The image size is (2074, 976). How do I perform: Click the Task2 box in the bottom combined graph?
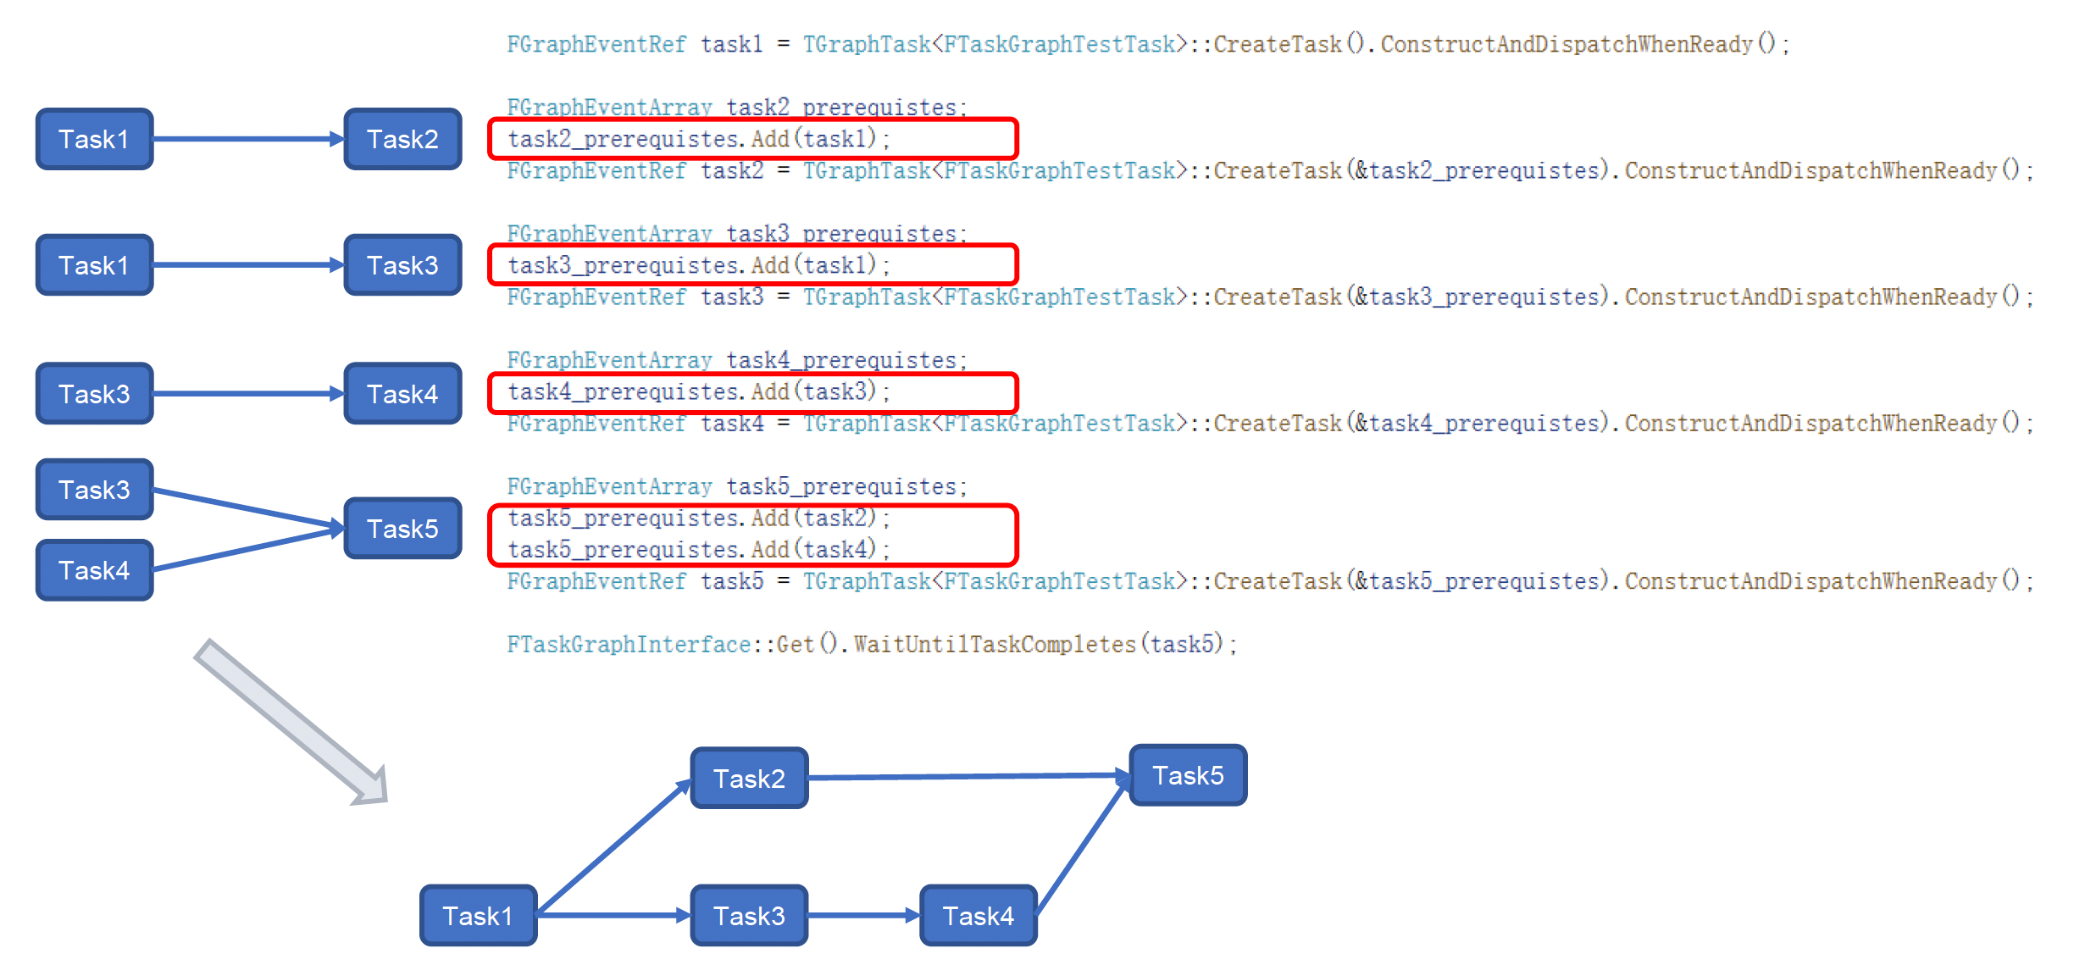click(749, 778)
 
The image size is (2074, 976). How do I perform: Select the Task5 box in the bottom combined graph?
click(1188, 775)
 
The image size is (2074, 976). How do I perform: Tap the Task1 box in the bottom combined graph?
click(478, 916)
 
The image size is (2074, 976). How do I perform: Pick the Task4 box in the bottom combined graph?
click(978, 916)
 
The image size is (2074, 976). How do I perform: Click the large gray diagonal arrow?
click(288, 720)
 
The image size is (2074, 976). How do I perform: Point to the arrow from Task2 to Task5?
click(966, 776)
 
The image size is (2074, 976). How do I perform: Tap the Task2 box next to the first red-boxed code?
click(402, 139)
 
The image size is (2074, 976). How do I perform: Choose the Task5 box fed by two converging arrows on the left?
click(402, 529)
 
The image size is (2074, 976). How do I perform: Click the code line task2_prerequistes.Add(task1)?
click(698, 139)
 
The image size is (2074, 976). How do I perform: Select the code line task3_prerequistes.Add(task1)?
click(698, 265)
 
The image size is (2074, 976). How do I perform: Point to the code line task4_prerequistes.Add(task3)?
click(698, 391)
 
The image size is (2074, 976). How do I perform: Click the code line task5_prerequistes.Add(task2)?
click(698, 518)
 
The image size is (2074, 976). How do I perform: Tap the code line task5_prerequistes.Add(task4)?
click(698, 550)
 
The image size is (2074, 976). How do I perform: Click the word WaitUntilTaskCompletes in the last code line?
click(994, 645)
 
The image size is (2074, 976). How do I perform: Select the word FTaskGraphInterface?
click(628, 645)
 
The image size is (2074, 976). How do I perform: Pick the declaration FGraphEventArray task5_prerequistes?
click(735, 486)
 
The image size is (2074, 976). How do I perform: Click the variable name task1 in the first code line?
click(731, 44)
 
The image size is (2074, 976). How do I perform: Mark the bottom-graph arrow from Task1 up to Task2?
click(614, 847)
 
